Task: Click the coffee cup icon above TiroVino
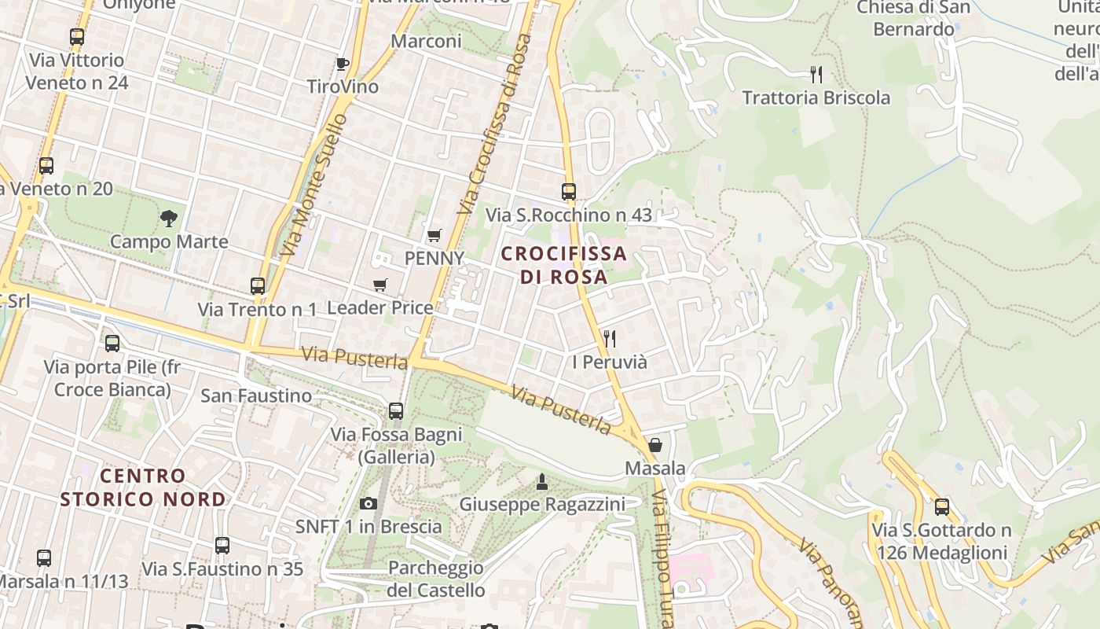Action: click(x=342, y=64)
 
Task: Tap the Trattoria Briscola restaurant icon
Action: click(x=816, y=75)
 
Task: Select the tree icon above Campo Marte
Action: click(x=168, y=218)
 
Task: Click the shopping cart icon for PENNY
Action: click(x=434, y=235)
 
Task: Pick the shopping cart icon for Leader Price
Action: click(x=380, y=285)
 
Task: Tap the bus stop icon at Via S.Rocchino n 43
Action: click(x=569, y=191)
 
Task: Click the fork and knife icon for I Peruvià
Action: click(x=610, y=339)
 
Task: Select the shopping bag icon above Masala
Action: click(x=654, y=445)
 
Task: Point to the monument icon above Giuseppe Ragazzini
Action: click(x=541, y=480)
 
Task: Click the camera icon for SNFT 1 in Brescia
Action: click(x=368, y=503)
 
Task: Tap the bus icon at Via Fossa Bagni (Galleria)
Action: click(x=396, y=410)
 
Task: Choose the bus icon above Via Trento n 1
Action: click(x=258, y=285)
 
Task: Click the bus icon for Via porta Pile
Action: click(x=112, y=343)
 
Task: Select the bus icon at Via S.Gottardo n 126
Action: click(x=941, y=506)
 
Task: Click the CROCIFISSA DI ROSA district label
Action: click(x=564, y=265)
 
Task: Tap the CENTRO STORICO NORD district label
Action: click(x=143, y=487)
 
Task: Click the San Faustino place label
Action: click(x=256, y=395)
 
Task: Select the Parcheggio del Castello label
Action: click(x=436, y=578)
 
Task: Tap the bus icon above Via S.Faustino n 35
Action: click(x=222, y=545)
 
